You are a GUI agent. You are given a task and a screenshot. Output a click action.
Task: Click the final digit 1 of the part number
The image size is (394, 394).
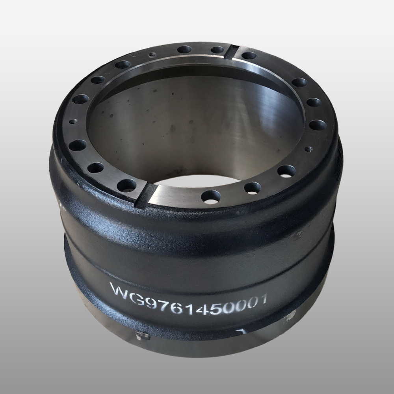262,299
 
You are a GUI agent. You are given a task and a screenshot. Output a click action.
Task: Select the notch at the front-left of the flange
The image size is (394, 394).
144,195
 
